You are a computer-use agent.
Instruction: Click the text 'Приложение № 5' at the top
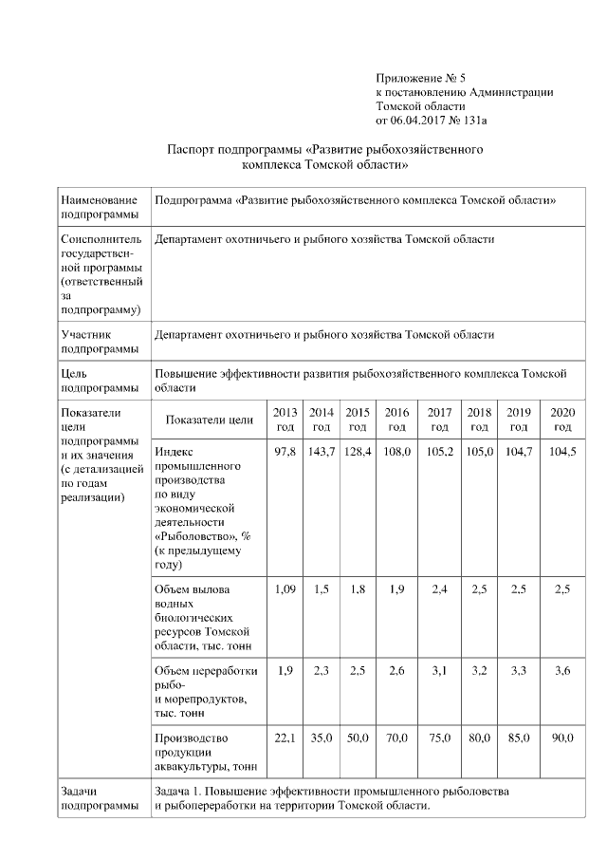[421, 77]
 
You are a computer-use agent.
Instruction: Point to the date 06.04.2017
[423, 121]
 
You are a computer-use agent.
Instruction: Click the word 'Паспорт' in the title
[190, 150]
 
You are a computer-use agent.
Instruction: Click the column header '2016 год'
[397, 419]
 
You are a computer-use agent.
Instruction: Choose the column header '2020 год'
[562, 419]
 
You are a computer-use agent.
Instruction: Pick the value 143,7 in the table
[322, 451]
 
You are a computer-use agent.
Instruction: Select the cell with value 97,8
[285, 451]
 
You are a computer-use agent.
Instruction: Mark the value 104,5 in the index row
[562, 451]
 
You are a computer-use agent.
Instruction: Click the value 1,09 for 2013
[285, 589]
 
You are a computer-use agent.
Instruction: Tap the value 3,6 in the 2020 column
[562, 671]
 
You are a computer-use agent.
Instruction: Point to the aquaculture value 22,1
[285, 738]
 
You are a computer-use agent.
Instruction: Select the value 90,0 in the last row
[562, 738]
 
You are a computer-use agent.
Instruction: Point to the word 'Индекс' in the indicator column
[174, 452]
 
